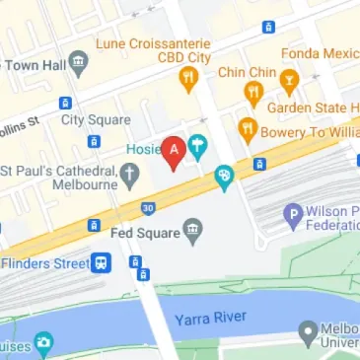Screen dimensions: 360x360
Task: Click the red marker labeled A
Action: pyautogui.click(x=176, y=152)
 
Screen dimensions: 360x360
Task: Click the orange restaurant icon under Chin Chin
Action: pyautogui.click(x=253, y=93)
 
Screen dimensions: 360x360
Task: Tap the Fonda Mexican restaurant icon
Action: pyautogui.click(x=289, y=81)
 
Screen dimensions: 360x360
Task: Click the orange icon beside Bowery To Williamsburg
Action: pyautogui.click(x=248, y=128)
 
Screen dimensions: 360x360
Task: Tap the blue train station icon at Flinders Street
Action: pyautogui.click(x=102, y=263)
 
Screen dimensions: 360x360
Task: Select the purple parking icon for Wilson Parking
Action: pyautogui.click(x=292, y=212)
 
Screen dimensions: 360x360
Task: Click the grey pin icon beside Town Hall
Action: pyautogui.click(x=78, y=62)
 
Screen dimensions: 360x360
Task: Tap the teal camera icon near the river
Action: pyautogui.click(x=42, y=344)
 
